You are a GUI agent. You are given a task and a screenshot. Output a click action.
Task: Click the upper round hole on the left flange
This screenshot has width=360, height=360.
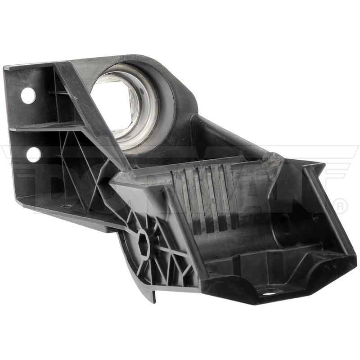[x=28, y=95]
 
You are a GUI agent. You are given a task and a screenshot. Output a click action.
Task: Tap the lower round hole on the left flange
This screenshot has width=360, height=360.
[x=34, y=155]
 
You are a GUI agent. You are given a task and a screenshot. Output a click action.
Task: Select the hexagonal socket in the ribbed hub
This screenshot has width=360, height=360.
[x=144, y=246]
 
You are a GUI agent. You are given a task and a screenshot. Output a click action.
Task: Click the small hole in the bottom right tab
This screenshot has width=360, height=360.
[x=271, y=294]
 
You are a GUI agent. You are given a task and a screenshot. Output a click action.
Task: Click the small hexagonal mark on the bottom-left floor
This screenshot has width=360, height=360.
[x=66, y=206]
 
